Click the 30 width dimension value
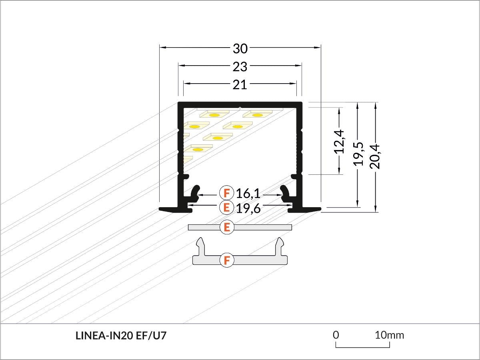(240, 48)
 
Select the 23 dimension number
(240, 66)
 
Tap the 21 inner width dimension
(240, 84)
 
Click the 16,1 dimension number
(248, 194)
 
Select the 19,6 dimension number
(248, 208)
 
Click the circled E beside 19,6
(227, 208)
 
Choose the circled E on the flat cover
(227, 228)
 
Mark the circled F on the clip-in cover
(227, 260)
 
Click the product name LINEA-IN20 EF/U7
(121, 336)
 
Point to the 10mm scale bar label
(389, 335)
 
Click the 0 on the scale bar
(336, 334)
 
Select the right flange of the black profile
(311, 208)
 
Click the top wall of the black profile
(240, 104)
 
